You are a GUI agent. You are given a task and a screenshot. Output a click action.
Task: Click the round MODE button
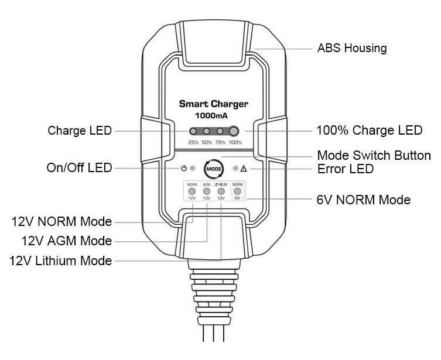214,169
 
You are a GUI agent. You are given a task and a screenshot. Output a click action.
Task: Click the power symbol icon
183,169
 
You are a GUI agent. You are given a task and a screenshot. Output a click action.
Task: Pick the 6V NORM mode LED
237,191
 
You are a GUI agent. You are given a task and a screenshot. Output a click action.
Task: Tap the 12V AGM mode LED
206,191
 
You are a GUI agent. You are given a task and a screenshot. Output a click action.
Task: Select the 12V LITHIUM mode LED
221,191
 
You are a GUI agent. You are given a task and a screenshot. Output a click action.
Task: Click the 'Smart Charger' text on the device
213,104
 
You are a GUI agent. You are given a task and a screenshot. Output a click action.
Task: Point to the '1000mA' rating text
213,116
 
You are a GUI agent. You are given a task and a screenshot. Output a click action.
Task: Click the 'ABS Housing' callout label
351,49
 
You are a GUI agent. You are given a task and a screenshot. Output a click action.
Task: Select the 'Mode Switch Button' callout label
373,156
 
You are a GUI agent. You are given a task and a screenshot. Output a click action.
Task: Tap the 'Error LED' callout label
345,169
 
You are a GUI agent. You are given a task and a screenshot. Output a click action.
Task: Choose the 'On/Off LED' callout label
79,169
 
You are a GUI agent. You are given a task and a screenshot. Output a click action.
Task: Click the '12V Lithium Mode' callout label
60,260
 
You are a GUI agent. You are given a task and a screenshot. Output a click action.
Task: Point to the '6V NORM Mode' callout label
363,200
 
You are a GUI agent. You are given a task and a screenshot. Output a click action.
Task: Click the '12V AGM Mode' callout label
66,241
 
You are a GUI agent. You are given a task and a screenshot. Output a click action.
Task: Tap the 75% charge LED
220,132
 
